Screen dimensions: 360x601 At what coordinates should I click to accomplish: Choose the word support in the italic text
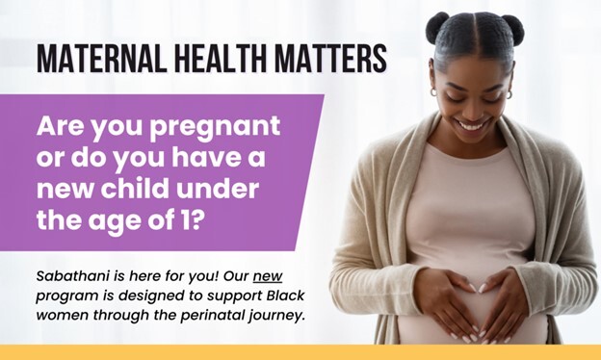226,295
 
